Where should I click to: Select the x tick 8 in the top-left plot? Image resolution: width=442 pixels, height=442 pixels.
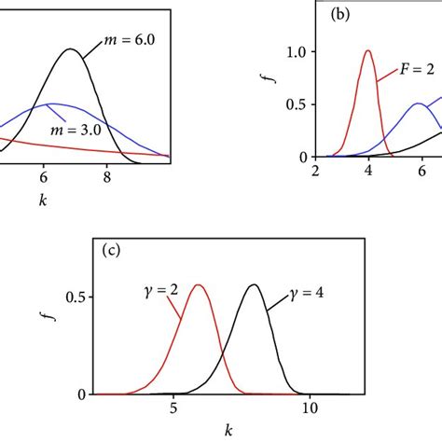[x=107, y=173]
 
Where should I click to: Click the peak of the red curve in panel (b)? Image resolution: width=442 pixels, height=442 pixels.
[x=368, y=50]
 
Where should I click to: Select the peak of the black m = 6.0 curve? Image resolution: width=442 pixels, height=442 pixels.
[x=70, y=48]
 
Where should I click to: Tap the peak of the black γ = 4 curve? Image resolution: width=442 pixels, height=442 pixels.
[x=253, y=284]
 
